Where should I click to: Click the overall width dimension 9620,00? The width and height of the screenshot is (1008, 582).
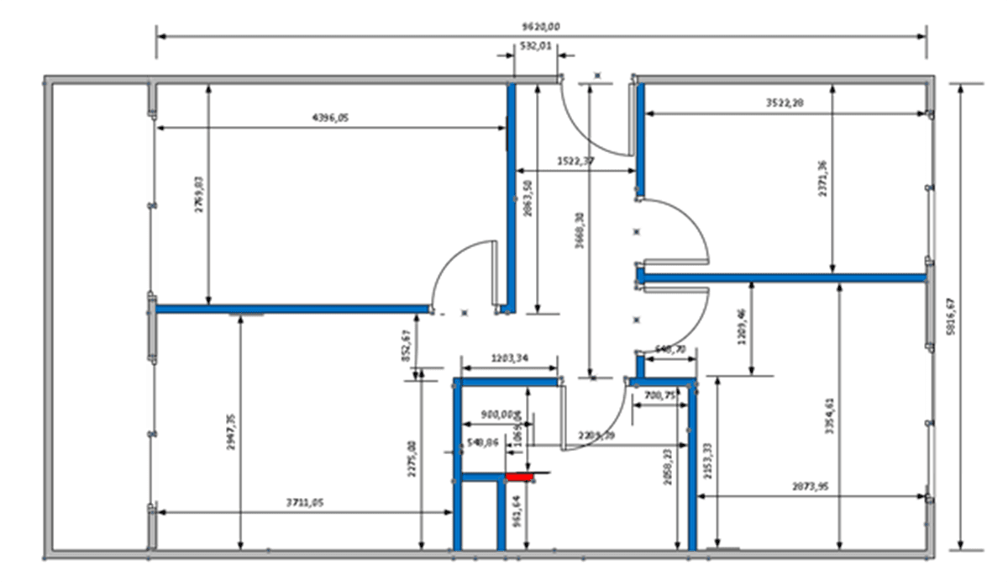[540, 27]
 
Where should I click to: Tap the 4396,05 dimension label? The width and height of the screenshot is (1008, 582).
[330, 119]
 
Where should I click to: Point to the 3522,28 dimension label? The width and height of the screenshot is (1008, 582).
[785, 103]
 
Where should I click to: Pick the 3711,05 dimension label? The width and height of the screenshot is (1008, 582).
[305, 502]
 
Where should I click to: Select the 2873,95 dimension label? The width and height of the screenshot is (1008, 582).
[811, 487]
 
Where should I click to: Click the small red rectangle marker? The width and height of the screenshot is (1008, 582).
[520, 477]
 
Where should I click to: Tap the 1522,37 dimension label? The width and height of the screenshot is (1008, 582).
[575, 160]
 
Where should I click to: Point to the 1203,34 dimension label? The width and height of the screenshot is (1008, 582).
[511, 359]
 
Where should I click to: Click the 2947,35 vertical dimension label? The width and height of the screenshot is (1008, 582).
[232, 431]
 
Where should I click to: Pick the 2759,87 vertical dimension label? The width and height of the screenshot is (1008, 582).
[200, 194]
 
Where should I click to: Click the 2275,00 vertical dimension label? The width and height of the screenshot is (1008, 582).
[412, 459]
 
